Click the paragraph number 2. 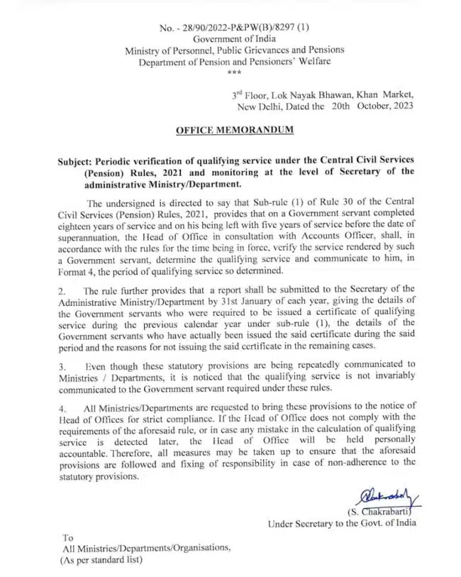[62, 292]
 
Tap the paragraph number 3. [62, 365]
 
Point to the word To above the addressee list [67, 537]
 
